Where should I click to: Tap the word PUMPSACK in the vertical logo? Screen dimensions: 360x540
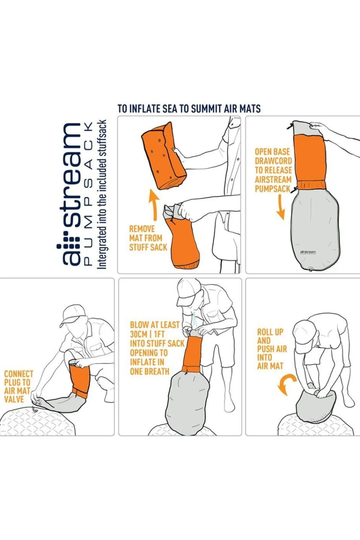(x=88, y=193)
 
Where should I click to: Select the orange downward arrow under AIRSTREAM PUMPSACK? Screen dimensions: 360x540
(x=280, y=207)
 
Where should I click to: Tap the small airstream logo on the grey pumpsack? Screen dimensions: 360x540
(x=308, y=252)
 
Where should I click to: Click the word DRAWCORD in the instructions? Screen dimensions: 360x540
(x=273, y=161)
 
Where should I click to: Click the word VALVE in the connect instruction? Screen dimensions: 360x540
(x=14, y=399)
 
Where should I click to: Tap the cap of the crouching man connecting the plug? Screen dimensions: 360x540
(x=74, y=315)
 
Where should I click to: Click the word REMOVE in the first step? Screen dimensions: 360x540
(x=142, y=229)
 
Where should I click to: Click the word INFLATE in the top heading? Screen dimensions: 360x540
(x=145, y=109)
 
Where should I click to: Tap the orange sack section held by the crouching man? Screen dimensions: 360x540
(x=80, y=381)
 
